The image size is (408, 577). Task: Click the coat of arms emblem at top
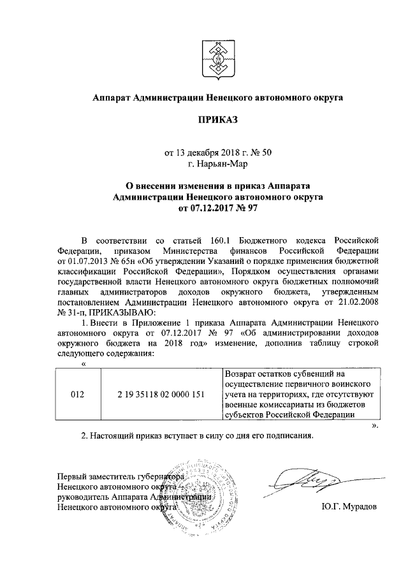[x=217, y=56]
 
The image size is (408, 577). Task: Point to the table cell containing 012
[x=77, y=394]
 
